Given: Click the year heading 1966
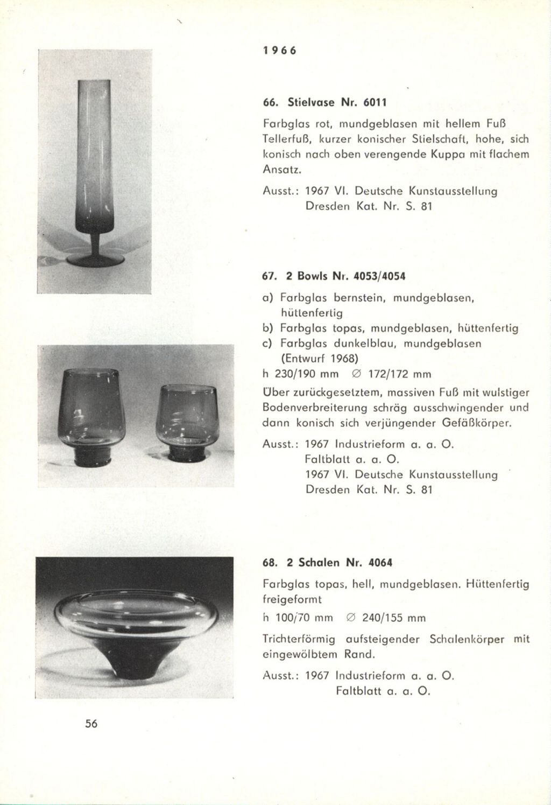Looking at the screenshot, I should tap(279, 51).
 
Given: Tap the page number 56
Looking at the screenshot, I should tap(91, 724).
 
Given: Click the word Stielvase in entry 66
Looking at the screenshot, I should tap(310, 102).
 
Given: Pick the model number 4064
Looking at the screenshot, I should tap(380, 563).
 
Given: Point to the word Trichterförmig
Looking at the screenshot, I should tap(299, 640).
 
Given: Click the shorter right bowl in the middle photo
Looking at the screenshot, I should tap(186, 420).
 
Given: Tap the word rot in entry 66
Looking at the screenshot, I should tap(325, 123).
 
